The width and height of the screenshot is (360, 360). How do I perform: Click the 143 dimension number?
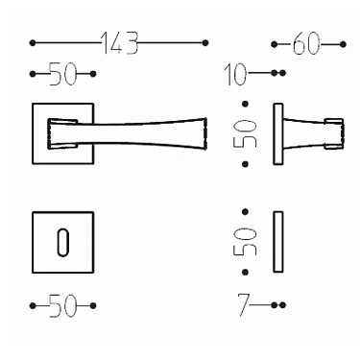[119, 43]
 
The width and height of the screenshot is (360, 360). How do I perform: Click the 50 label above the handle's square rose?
[61, 74]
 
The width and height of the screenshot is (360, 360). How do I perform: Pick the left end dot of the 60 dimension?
[275, 44]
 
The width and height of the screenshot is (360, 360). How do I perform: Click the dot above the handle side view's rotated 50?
[247, 103]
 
